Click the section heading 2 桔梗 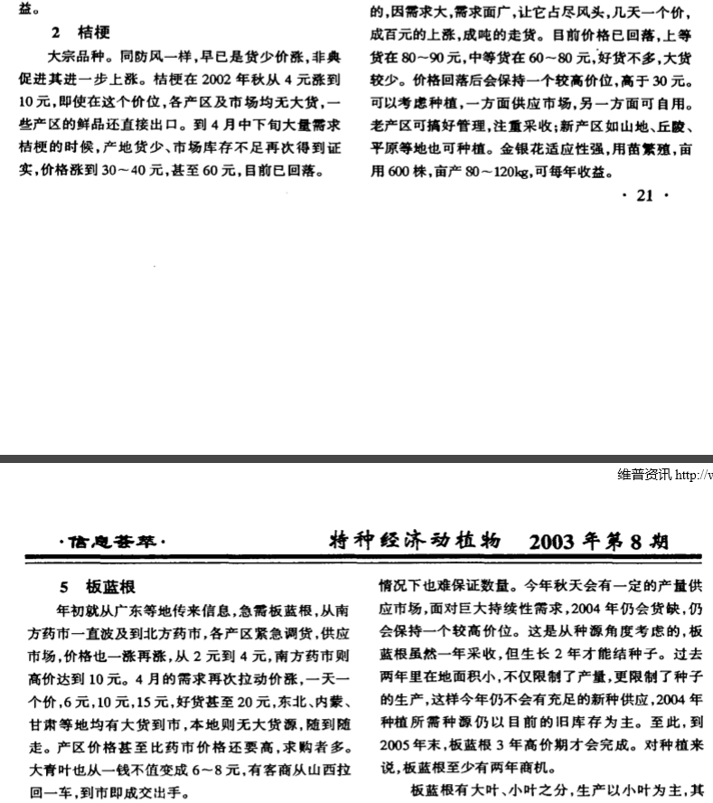pos(80,33)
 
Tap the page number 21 pos(644,195)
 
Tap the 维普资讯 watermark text pos(645,475)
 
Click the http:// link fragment pos(693,475)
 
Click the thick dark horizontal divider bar pos(356,459)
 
